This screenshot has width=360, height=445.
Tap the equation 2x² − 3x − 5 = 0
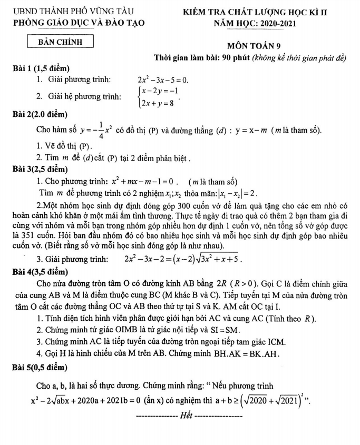point(162,80)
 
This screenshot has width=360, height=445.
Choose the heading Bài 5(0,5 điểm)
point(41,366)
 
